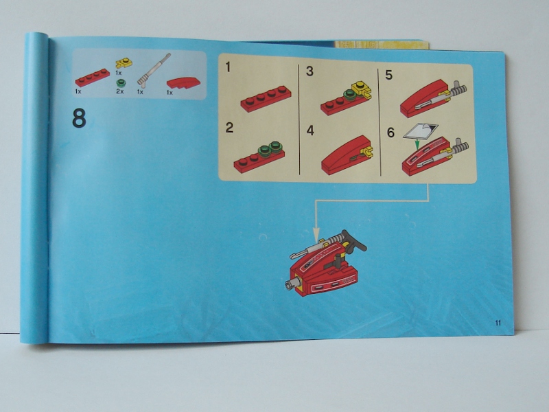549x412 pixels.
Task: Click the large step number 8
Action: coord(79,118)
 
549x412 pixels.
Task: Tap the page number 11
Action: coord(498,323)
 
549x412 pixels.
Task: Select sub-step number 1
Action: coord(229,67)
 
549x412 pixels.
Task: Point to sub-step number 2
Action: coord(229,128)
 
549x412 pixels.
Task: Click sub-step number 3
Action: coord(310,71)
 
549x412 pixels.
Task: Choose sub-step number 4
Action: coord(310,130)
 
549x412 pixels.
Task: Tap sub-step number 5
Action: coord(388,75)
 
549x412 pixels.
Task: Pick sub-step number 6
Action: coord(390,133)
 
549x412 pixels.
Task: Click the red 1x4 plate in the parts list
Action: coord(93,78)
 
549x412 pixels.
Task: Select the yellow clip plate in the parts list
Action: coord(124,63)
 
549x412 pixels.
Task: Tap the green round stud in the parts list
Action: coord(121,83)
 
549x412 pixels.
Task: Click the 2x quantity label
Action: coord(119,92)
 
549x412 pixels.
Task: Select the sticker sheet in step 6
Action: coord(421,131)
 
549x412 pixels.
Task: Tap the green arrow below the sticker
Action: coord(417,144)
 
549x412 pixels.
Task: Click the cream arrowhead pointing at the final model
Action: coord(316,235)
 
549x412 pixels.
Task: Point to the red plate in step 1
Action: coord(266,99)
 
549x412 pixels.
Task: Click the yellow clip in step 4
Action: coord(368,151)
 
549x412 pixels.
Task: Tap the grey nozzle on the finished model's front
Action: coord(292,284)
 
